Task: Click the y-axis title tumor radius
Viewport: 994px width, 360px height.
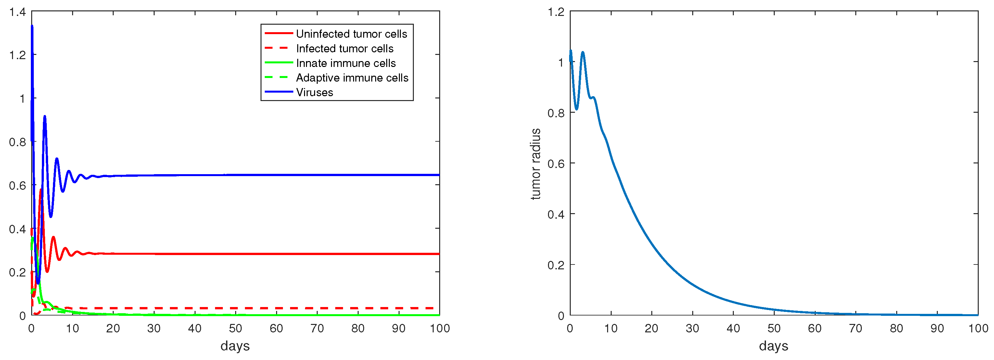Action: tap(536, 164)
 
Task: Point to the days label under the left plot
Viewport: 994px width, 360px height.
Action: tap(235, 346)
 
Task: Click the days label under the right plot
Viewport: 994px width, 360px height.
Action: tap(773, 346)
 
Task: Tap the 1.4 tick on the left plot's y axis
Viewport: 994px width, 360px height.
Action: tap(17, 12)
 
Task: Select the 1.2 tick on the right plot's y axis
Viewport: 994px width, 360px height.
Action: tap(556, 12)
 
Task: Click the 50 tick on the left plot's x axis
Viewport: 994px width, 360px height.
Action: tap(236, 328)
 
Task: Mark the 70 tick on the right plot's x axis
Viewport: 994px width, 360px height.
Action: tap(856, 328)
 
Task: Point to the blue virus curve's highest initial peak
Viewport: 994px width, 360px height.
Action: tap(32, 26)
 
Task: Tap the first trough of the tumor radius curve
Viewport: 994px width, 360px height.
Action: tap(577, 109)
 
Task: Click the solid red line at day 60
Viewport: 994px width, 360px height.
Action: tap(276, 254)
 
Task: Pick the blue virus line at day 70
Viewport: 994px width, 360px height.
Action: tap(317, 175)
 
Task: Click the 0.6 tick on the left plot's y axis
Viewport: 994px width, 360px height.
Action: tap(17, 186)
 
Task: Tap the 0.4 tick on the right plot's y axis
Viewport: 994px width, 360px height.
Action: tap(556, 214)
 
